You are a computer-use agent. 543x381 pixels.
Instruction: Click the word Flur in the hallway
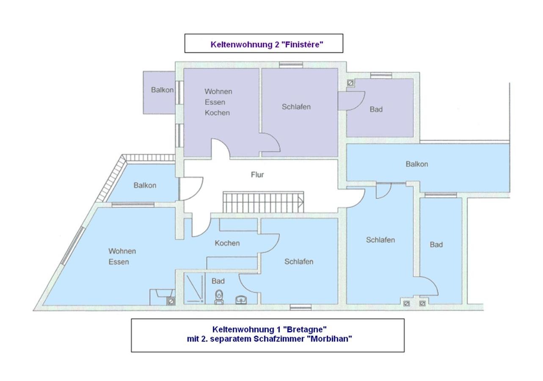coord(257,174)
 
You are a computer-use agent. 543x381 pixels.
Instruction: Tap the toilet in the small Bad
coord(219,297)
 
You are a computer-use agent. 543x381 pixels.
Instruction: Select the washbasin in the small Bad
coord(241,300)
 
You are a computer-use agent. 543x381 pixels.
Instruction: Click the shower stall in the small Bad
coord(194,288)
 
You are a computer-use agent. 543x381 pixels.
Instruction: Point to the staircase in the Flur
coord(263,202)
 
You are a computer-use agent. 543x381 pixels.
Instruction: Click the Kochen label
coord(227,243)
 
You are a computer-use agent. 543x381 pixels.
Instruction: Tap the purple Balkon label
coord(162,90)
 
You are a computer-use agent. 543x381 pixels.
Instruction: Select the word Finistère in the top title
coord(304,44)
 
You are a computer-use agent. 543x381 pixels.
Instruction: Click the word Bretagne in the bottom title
coord(305,329)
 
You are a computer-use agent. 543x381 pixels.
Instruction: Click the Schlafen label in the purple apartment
coord(296,107)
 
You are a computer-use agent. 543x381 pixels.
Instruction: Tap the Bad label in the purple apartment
coord(376,109)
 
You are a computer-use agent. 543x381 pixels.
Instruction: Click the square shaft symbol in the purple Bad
coord(350,83)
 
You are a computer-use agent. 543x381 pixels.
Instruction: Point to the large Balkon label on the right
coord(417,164)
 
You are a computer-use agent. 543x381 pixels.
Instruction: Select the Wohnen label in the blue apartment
coord(122,251)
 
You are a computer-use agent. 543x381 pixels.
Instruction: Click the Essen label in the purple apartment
coord(215,102)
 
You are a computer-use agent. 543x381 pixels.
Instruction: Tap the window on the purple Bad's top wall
coord(381,75)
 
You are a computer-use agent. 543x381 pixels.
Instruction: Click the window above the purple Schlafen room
coord(291,65)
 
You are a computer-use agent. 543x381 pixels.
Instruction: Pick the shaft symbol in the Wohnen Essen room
coord(171,301)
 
